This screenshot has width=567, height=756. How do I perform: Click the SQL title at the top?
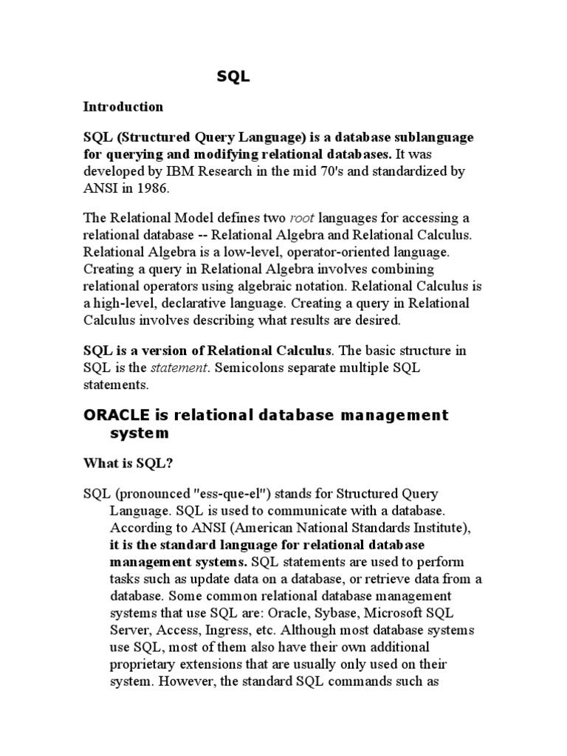pyautogui.click(x=233, y=76)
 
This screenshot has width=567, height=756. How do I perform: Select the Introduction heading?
pyautogui.click(x=123, y=106)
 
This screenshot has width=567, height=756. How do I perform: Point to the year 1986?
pyautogui.click(x=154, y=188)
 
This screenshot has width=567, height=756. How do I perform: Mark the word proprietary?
pyautogui.click(x=144, y=663)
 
